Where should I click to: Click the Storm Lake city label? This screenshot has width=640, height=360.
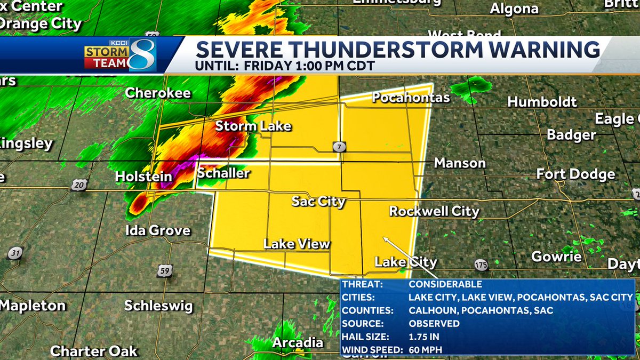253,126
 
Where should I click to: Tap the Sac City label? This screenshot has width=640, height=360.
318,202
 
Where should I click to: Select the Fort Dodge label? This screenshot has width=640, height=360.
575,174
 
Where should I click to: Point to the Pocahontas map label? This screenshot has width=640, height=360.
411,98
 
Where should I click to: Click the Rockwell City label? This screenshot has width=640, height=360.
434,211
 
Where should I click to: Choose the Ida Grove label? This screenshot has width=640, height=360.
157,231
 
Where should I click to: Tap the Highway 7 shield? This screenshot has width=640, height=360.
338,146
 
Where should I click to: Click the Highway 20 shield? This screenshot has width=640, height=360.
78,185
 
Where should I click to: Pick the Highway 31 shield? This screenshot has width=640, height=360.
16,252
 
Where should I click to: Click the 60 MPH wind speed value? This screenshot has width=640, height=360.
426,350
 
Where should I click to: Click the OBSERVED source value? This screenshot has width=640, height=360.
434,324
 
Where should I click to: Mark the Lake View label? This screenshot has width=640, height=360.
297,244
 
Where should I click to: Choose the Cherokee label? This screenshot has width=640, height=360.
158,93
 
